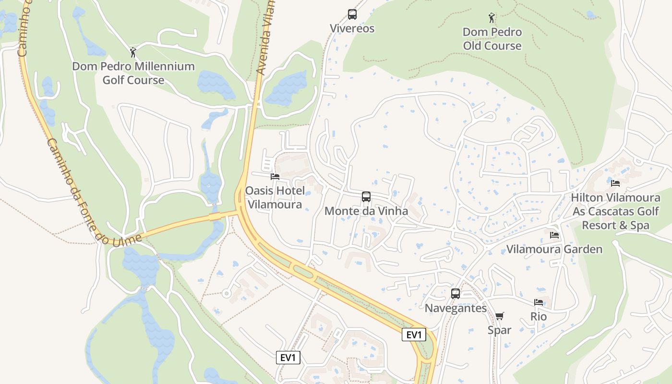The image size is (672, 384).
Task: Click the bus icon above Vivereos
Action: [352, 14]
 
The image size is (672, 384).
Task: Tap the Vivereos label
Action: [352, 28]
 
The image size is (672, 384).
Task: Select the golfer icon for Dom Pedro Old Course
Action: [492, 18]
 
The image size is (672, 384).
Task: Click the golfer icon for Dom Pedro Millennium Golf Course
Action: [133, 52]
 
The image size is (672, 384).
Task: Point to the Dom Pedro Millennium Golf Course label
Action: [133, 73]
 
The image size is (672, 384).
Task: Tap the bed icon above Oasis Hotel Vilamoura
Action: [275, 177]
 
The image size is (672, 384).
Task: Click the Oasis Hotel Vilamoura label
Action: [275, 197]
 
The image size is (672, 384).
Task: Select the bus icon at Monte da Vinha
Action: [366, 197]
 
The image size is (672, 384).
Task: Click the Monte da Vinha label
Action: [366, 211]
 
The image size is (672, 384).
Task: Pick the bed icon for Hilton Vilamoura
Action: [615, 183]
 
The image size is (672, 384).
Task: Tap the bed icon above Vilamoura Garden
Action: [554, 235]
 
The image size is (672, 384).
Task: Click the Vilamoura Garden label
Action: [554, 249]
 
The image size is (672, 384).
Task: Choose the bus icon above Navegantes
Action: [456, 294]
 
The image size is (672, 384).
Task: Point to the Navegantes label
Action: [456, 308]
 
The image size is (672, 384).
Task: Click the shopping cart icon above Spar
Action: [500, 316]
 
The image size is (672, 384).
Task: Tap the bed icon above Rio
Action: [539, 302]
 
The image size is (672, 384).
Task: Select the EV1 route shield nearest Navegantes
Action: [414, 335]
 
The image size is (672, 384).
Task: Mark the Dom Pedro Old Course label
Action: [492, 39]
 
